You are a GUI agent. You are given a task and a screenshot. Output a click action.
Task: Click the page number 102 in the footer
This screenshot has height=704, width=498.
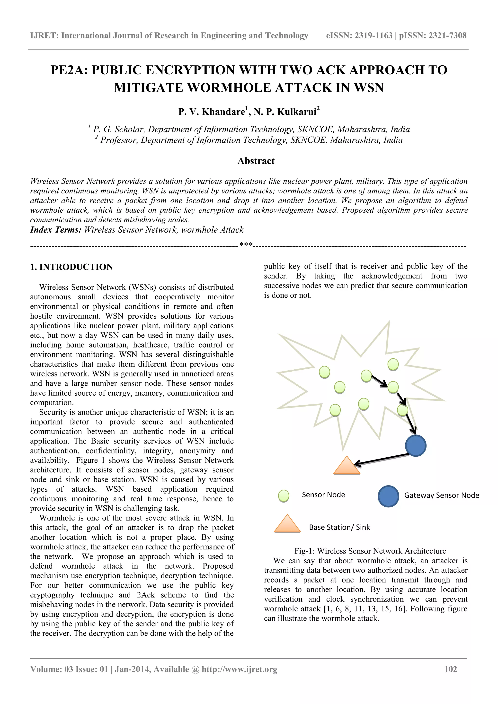pyautogui.click(x=450, y=669)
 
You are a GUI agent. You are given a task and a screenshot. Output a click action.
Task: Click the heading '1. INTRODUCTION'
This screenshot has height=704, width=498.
pyautogui.click(x=71, y=267)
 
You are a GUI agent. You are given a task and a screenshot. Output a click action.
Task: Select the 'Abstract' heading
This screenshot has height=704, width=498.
pyautogui.click(x=256, y=161)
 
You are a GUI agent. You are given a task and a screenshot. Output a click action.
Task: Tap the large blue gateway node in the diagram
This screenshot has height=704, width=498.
pyautogui.click(x=416, y=445)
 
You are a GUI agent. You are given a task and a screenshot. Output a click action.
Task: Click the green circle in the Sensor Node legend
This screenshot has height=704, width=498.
pyautogui.click(x=284, y=496)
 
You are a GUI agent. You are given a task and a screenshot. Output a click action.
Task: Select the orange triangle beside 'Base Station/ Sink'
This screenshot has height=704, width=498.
pyautogui.click(x=287, y=524)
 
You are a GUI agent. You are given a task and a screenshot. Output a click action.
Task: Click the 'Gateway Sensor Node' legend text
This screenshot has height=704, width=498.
pyautogui.click(x=441, y=495)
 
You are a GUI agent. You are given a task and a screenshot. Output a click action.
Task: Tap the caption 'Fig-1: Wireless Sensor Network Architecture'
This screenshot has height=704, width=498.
pyautogui.click(x=370, y=551)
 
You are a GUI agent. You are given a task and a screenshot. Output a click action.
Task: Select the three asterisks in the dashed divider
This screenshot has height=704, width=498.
pyautogui.click(x=246, y=245)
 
